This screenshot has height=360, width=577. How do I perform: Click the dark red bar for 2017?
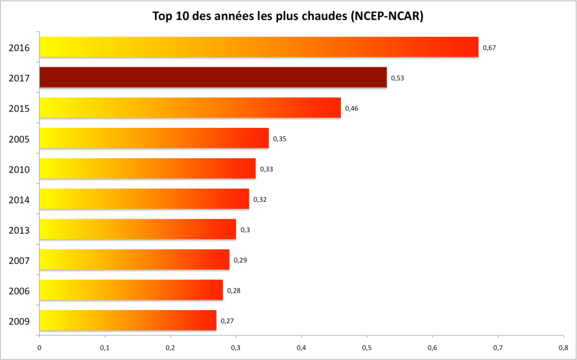tap(213, 77)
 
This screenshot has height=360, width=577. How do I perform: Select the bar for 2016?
tap(259, 47)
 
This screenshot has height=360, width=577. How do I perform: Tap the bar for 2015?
tap(190, 108)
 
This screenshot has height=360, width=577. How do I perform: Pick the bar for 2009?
tap(128, 320)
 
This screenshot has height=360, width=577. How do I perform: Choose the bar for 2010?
tap(147, 169)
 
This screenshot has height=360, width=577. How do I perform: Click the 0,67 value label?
tap(489, 47)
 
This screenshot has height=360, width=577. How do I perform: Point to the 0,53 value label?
tap(398, 78)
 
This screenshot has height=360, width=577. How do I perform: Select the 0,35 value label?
tap(280, 139)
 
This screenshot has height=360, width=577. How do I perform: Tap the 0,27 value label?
tap(228, 320)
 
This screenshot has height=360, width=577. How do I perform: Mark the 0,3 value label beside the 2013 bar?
tap(245, 230)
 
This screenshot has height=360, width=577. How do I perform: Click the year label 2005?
tap(19, 139)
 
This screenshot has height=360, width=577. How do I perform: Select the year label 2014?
tap(19, 199)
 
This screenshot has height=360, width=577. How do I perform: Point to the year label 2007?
tap(19, 260)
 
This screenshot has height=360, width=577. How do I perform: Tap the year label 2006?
tap(19, 291)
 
